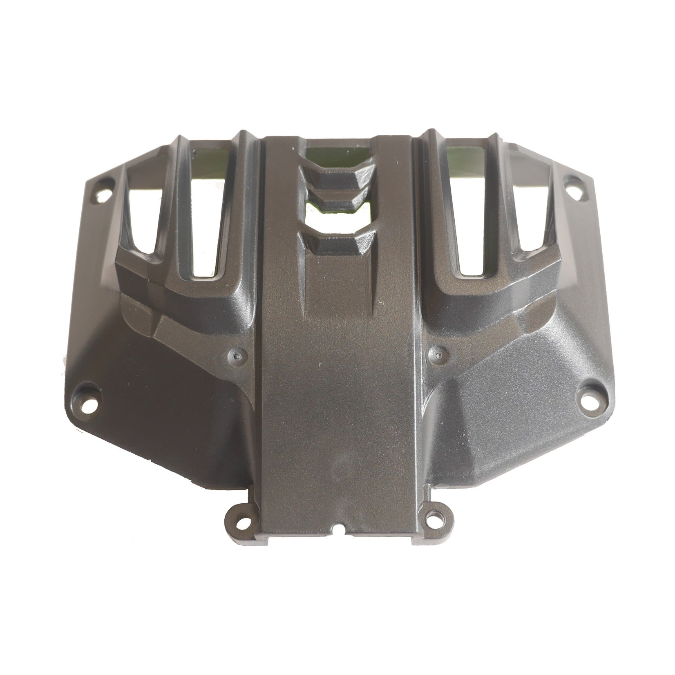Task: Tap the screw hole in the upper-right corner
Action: (x=570, y=181)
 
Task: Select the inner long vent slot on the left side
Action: (x=208, y=229)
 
